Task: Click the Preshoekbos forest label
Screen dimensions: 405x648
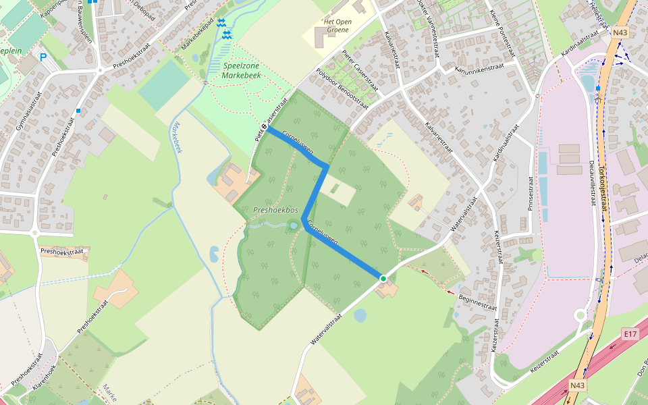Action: [x=275, y=211]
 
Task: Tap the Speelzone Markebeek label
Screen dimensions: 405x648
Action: [x=241, y=71]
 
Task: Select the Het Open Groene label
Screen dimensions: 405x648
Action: [x=337, y=25]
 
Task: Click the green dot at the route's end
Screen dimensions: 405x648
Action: [x=383, y=278]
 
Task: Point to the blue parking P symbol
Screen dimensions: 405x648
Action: [x=43, y=58]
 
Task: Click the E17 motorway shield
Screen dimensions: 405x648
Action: [x=630, y=333]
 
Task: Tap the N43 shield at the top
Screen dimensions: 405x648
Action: [x=620, y=32]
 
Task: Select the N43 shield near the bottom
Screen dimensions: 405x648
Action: [x=577, y=385]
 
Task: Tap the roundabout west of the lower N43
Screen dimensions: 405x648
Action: [x=580, y=315]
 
